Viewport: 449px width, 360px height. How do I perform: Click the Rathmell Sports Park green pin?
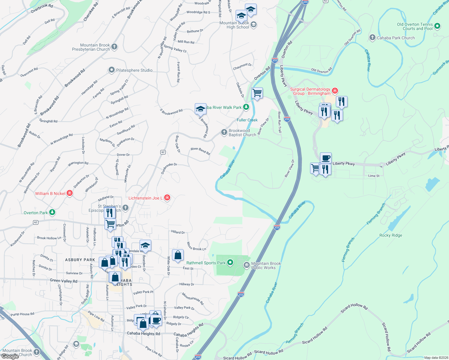230,262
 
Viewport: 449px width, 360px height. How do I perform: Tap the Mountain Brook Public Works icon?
246,265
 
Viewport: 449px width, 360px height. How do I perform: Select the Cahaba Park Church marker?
372,37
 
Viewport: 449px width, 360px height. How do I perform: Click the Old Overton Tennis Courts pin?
437,26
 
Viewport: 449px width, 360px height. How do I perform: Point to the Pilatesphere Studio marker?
111,70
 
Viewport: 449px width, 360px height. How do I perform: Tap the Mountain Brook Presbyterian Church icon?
114,46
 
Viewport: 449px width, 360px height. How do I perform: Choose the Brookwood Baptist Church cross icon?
224,132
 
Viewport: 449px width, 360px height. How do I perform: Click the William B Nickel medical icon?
70,193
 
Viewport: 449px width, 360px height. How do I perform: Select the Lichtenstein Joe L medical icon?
167,197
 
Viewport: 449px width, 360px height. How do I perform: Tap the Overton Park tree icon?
52,212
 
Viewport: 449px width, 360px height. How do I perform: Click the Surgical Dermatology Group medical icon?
335,90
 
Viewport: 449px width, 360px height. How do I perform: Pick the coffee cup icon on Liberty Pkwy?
326,158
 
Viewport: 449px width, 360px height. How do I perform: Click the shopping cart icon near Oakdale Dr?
257,93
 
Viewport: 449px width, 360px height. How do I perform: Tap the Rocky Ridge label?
390,235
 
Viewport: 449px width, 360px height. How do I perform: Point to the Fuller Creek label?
247,120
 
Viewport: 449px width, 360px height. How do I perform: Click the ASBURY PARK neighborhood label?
80,260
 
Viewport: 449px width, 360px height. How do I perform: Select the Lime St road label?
374,176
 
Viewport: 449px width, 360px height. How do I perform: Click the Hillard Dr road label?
178,232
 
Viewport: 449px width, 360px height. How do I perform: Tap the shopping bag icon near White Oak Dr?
178,255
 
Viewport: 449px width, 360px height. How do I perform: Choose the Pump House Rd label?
22,314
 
